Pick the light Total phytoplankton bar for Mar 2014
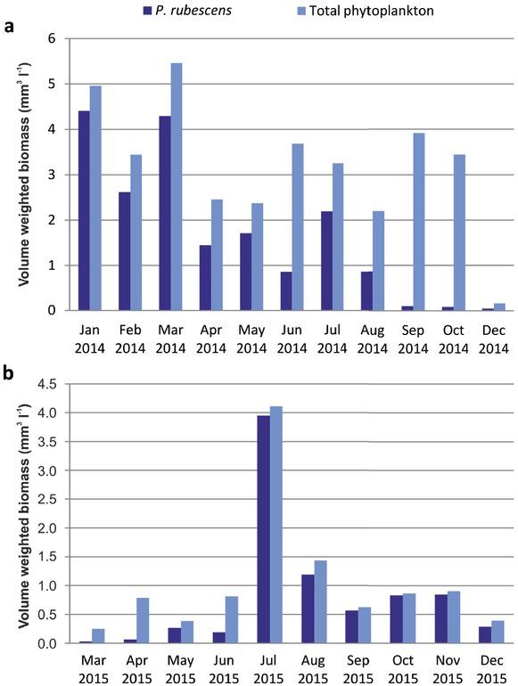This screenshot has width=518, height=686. tap(176, 186)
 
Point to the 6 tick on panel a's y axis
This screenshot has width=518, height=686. tap(51, 39)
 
